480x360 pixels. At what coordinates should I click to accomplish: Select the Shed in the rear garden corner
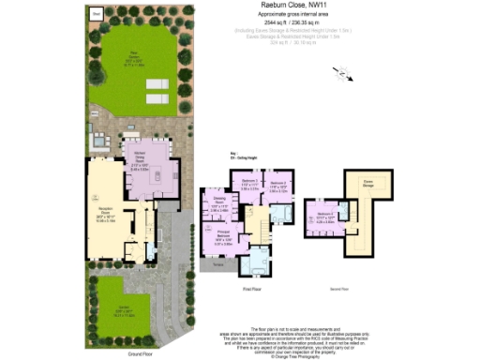pyautogui.click(x=96, y=15)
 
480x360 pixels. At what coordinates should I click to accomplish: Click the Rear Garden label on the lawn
pyautogui.click(x=136, y=54)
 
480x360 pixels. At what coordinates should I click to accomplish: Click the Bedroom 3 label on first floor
pyautogui.click(x=249, y=184)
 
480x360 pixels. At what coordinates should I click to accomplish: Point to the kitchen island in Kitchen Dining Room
pyautogui.click(x=158, y=175)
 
